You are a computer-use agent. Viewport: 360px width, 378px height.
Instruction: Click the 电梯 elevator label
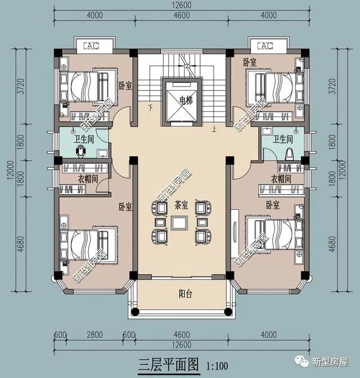click(x=186, y=100)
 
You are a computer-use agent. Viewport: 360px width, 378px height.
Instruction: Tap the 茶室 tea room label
click(x=181, y=205)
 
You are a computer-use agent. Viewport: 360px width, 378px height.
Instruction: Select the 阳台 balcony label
click(x=186, y=294)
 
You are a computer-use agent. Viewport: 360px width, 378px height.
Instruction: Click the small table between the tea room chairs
click(x=179, y=223)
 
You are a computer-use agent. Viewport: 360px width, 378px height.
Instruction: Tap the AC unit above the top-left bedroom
click(x=91, y=46)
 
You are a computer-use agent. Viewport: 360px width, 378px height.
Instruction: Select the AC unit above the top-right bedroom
click(x=265, y=46)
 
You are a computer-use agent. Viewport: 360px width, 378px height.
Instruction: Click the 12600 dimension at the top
click(x=182, y=5)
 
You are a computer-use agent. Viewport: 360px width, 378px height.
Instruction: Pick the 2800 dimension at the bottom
click(x=94, y=335)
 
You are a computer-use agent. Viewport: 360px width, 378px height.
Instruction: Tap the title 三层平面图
click(x=168, y=364)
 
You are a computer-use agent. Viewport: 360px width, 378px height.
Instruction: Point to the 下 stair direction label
click(x=151, y=107)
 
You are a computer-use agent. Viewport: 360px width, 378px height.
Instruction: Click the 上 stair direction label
click(x=214, y=129)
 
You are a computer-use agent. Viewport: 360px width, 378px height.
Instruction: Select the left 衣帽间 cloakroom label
click(x=88, y=179)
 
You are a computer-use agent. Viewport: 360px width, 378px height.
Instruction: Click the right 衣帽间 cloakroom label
click(x=281, y=179)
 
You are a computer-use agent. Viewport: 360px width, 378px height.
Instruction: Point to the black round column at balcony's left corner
click(x=135, y=312)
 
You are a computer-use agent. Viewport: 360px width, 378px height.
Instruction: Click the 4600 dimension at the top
click(x=181, y=15)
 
